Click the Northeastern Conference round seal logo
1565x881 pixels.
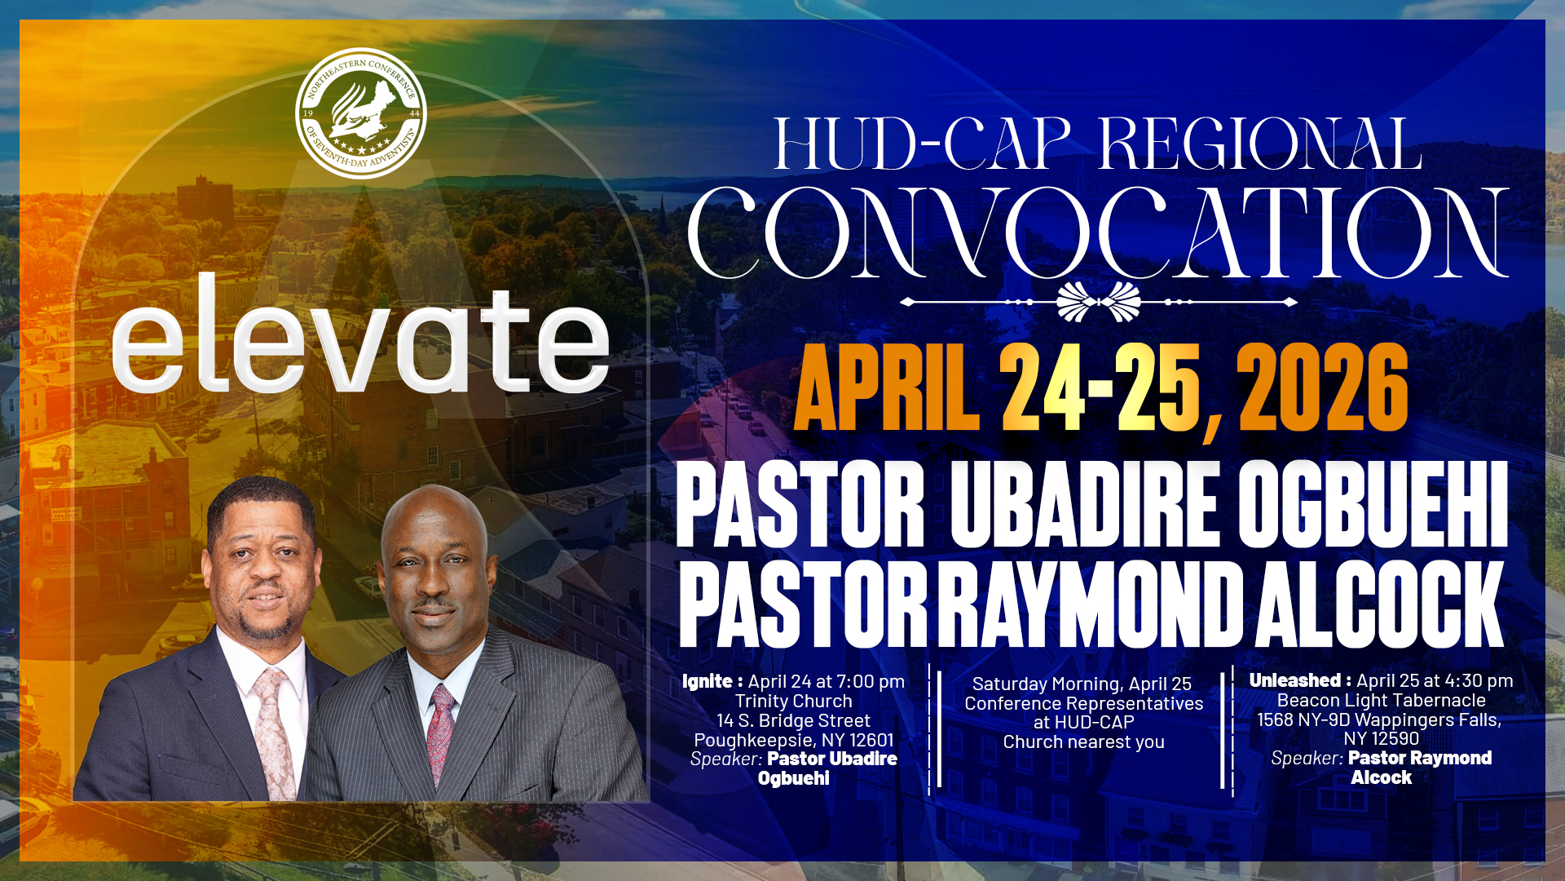click(x=361, y=113)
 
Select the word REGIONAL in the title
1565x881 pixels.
click(x=1260, y=144)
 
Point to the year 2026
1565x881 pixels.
click(x=1322, y=387)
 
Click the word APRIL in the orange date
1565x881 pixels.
click(x=887, y=387)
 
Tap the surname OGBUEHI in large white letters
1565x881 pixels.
click(x=1373, y=504)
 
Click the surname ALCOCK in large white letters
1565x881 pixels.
click(x=1379, y=604)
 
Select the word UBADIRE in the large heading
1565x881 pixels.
click(x=1085, y=504)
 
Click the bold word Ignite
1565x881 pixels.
click(x=708, y=682)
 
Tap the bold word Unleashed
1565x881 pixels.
click(x=1295, y=680)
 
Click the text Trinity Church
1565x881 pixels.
click(x=794, y=702)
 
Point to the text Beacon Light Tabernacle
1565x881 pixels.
click(x=1382, y=701)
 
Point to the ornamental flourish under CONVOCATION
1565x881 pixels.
click(x=1098, y=302)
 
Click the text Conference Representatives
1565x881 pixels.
click(x=1084, y=703)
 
